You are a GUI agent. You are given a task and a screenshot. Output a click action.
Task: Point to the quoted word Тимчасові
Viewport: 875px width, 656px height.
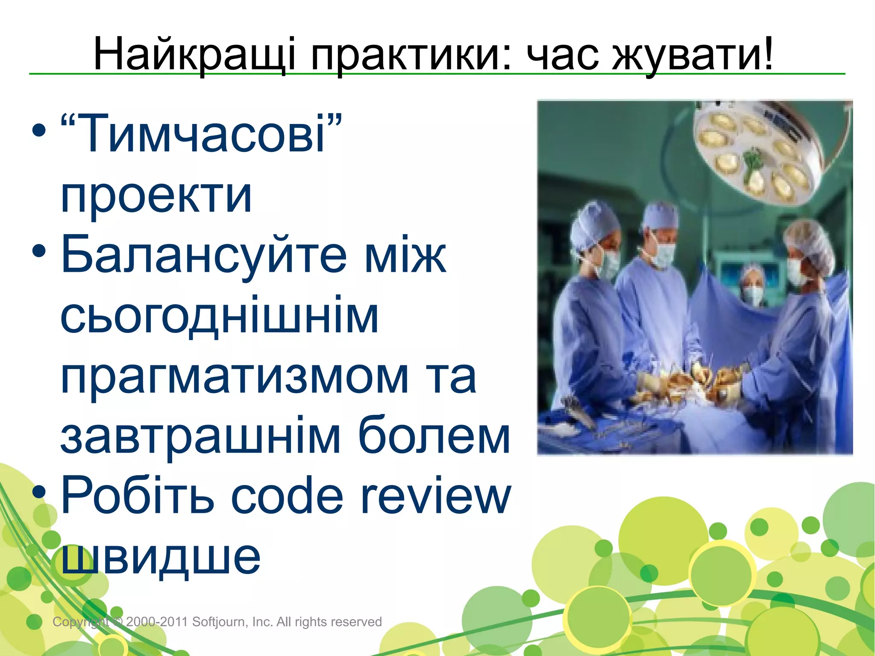pos(201,133)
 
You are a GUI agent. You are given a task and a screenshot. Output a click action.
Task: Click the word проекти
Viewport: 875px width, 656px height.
pos(156,195)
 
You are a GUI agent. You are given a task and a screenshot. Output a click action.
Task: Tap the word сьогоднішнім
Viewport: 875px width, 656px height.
pos(220,316)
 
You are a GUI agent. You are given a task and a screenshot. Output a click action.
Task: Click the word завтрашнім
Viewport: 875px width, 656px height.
pos(201,437)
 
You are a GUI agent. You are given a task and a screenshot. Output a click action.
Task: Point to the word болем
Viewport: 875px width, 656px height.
pos(434,437)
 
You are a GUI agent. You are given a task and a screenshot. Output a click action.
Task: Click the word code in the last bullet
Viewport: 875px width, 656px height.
pos(287,497)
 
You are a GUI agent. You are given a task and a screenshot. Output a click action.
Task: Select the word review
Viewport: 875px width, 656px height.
pos(436,497)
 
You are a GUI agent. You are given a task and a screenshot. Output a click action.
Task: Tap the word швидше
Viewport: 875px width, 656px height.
pos(161,556)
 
